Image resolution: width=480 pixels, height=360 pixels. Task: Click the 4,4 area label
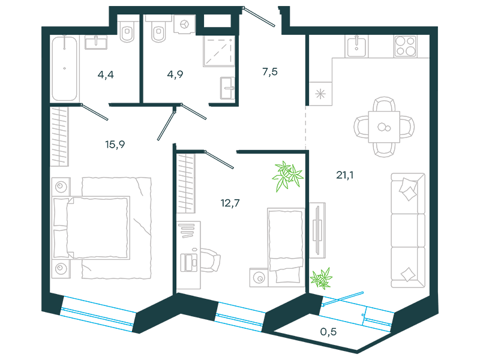[x=106, y=74]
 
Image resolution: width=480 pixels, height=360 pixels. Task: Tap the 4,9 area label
[x=175, y=74]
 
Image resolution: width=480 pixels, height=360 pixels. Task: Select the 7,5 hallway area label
[x=270, y=71]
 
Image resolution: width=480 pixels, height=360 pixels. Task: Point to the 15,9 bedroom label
[x=115, y=144]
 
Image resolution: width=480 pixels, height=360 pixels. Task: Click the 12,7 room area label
[x=230, y=203]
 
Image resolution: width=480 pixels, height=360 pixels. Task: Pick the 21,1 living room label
[x=344, y=175]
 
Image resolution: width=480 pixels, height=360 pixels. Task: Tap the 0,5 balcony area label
[x=328, y=332]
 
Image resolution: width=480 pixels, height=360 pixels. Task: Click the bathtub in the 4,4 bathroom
[x=64, y=68]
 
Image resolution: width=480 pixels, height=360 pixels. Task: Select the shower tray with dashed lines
[x=219, y=51]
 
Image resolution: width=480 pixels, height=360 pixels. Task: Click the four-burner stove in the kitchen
[x=406, y=46]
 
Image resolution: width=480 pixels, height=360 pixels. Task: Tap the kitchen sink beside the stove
[x=356, y=46]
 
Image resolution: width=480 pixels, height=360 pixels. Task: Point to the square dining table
[x=384, y=127]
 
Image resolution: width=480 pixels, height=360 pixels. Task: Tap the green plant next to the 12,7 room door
[x=287, y=176]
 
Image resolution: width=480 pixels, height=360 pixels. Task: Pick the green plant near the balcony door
[x=321, y=278]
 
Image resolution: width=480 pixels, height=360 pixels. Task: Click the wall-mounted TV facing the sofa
[x=317, y=230]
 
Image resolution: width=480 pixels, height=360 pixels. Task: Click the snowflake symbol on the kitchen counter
[x=320, y=94]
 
